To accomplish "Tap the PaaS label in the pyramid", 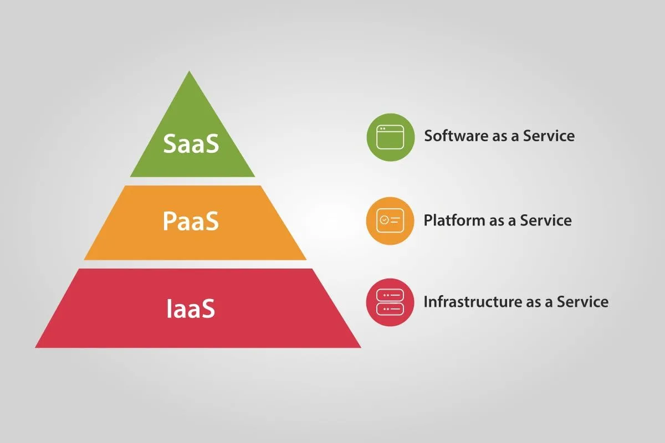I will (191, 221).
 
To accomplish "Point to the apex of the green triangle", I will (190, 72).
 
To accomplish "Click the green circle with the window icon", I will (390, 137).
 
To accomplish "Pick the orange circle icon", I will (390, 220).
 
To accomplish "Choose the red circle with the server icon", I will (390, 302).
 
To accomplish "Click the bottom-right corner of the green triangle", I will (254, 176).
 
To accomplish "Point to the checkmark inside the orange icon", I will (384, 220).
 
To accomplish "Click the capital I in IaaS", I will (169, 308).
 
